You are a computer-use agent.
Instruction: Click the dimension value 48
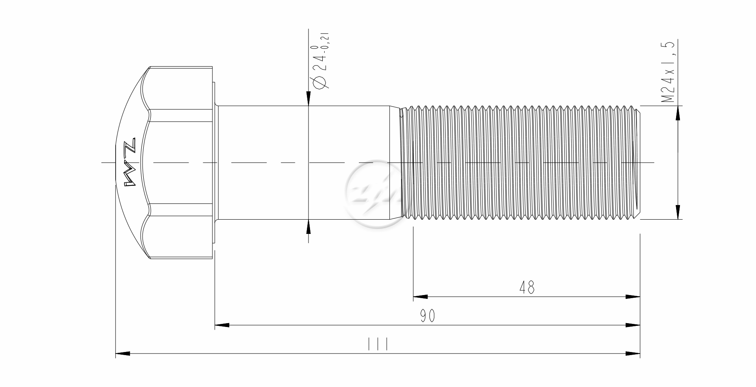pos(527,287)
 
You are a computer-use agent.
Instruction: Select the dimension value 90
pos(427,316)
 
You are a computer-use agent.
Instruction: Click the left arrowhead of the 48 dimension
pos(420,297)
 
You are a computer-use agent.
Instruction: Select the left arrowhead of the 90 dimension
pos(222,325)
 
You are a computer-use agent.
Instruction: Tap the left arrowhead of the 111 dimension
pos(123,353)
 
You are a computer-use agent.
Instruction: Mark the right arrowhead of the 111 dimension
pos(633,353)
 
